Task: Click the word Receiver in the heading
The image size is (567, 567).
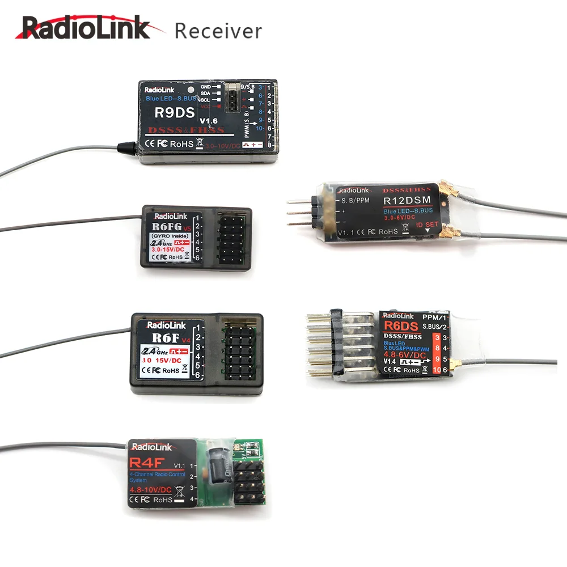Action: (218, 31)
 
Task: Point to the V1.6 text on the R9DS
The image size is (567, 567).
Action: (208, 120)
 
